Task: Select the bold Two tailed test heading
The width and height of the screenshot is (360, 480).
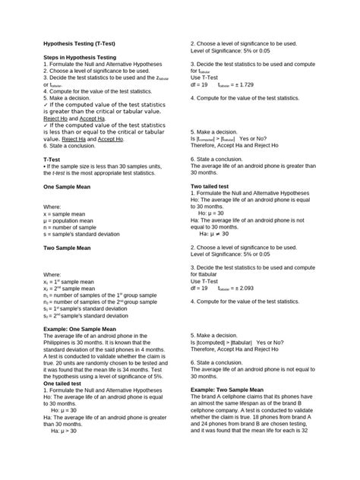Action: point(216,185)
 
